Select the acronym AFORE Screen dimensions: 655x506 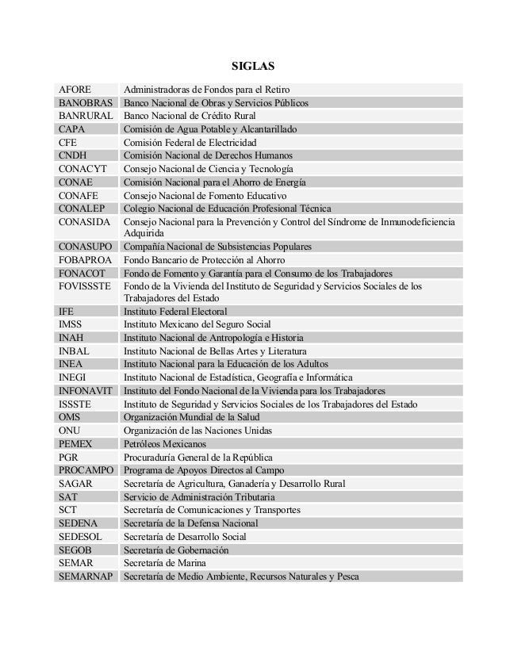75,90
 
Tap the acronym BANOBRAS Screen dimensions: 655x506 86,103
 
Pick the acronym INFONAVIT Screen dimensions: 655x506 86,391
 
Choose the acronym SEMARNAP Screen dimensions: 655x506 86,576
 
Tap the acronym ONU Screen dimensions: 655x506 70,431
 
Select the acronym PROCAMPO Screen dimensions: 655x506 86,470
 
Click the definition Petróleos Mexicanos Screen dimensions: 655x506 165,443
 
